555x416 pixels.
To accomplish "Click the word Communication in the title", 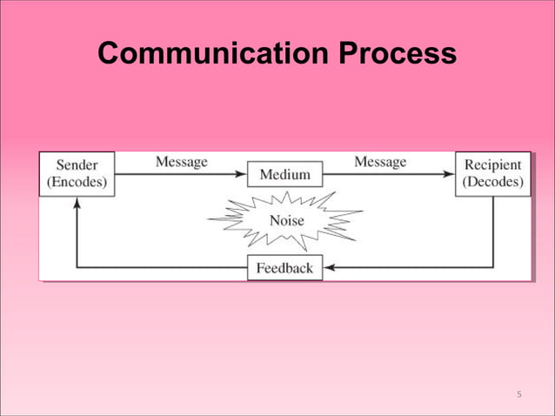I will [213, 54].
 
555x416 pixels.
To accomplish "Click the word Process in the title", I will [396, 54].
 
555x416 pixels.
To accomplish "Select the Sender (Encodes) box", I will [77, 174].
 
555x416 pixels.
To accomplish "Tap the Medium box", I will [284, 175].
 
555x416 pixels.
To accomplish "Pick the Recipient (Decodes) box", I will [492, 174].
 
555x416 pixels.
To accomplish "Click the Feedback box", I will [284, 268].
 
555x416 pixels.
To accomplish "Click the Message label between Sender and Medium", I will [181, 162].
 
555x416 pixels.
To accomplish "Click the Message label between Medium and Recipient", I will [380, 162].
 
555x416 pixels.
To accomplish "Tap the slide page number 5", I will [518, 395].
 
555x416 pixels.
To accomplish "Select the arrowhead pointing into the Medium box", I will [243, 175].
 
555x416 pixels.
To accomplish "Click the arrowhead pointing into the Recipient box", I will [450, 175].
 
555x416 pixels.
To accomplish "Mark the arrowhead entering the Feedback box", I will [329, 268].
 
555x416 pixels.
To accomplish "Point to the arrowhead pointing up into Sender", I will [77, 202].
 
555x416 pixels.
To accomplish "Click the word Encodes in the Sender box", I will [77, 183].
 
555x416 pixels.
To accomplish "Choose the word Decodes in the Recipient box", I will [492, 183].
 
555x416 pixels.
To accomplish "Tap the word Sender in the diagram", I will [77, 165].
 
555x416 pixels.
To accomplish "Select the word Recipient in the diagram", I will [493, 165].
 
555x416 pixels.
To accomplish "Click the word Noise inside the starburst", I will [286, 221].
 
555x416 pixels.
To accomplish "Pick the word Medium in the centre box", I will [284, 175].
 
